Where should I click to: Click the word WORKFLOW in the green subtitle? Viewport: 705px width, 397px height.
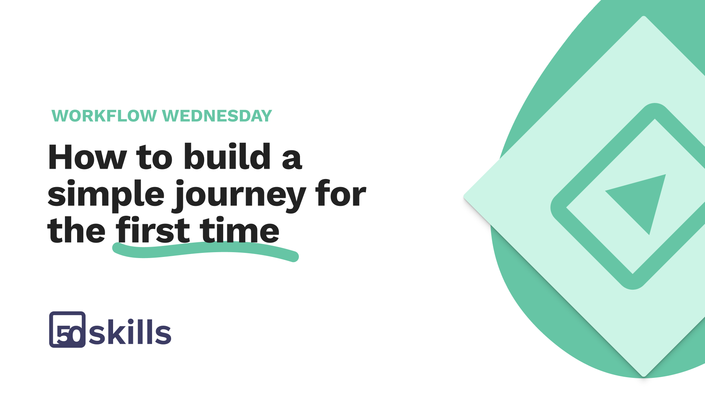pos(104,116)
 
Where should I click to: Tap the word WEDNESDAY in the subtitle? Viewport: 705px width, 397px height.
pos(217,116)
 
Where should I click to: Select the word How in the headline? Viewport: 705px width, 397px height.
pos(87,157)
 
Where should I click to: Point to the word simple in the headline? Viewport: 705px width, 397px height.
pos(106,195)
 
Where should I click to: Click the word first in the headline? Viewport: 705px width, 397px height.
pos(153,231)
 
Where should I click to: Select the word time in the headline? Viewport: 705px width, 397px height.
pos(240,231)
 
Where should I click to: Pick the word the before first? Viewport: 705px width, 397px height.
pos(76,231)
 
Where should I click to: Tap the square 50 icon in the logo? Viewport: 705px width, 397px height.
pos(68,329)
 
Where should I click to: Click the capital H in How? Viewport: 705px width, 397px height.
pos(60,157)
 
